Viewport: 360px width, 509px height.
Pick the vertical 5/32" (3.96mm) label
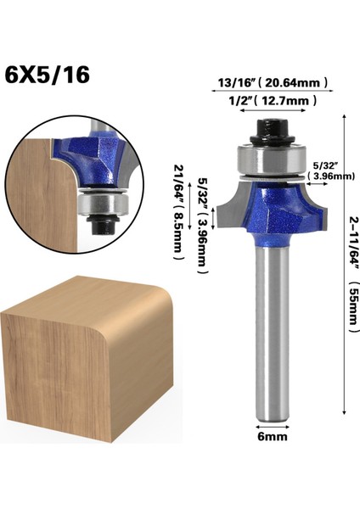coord(200,229)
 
